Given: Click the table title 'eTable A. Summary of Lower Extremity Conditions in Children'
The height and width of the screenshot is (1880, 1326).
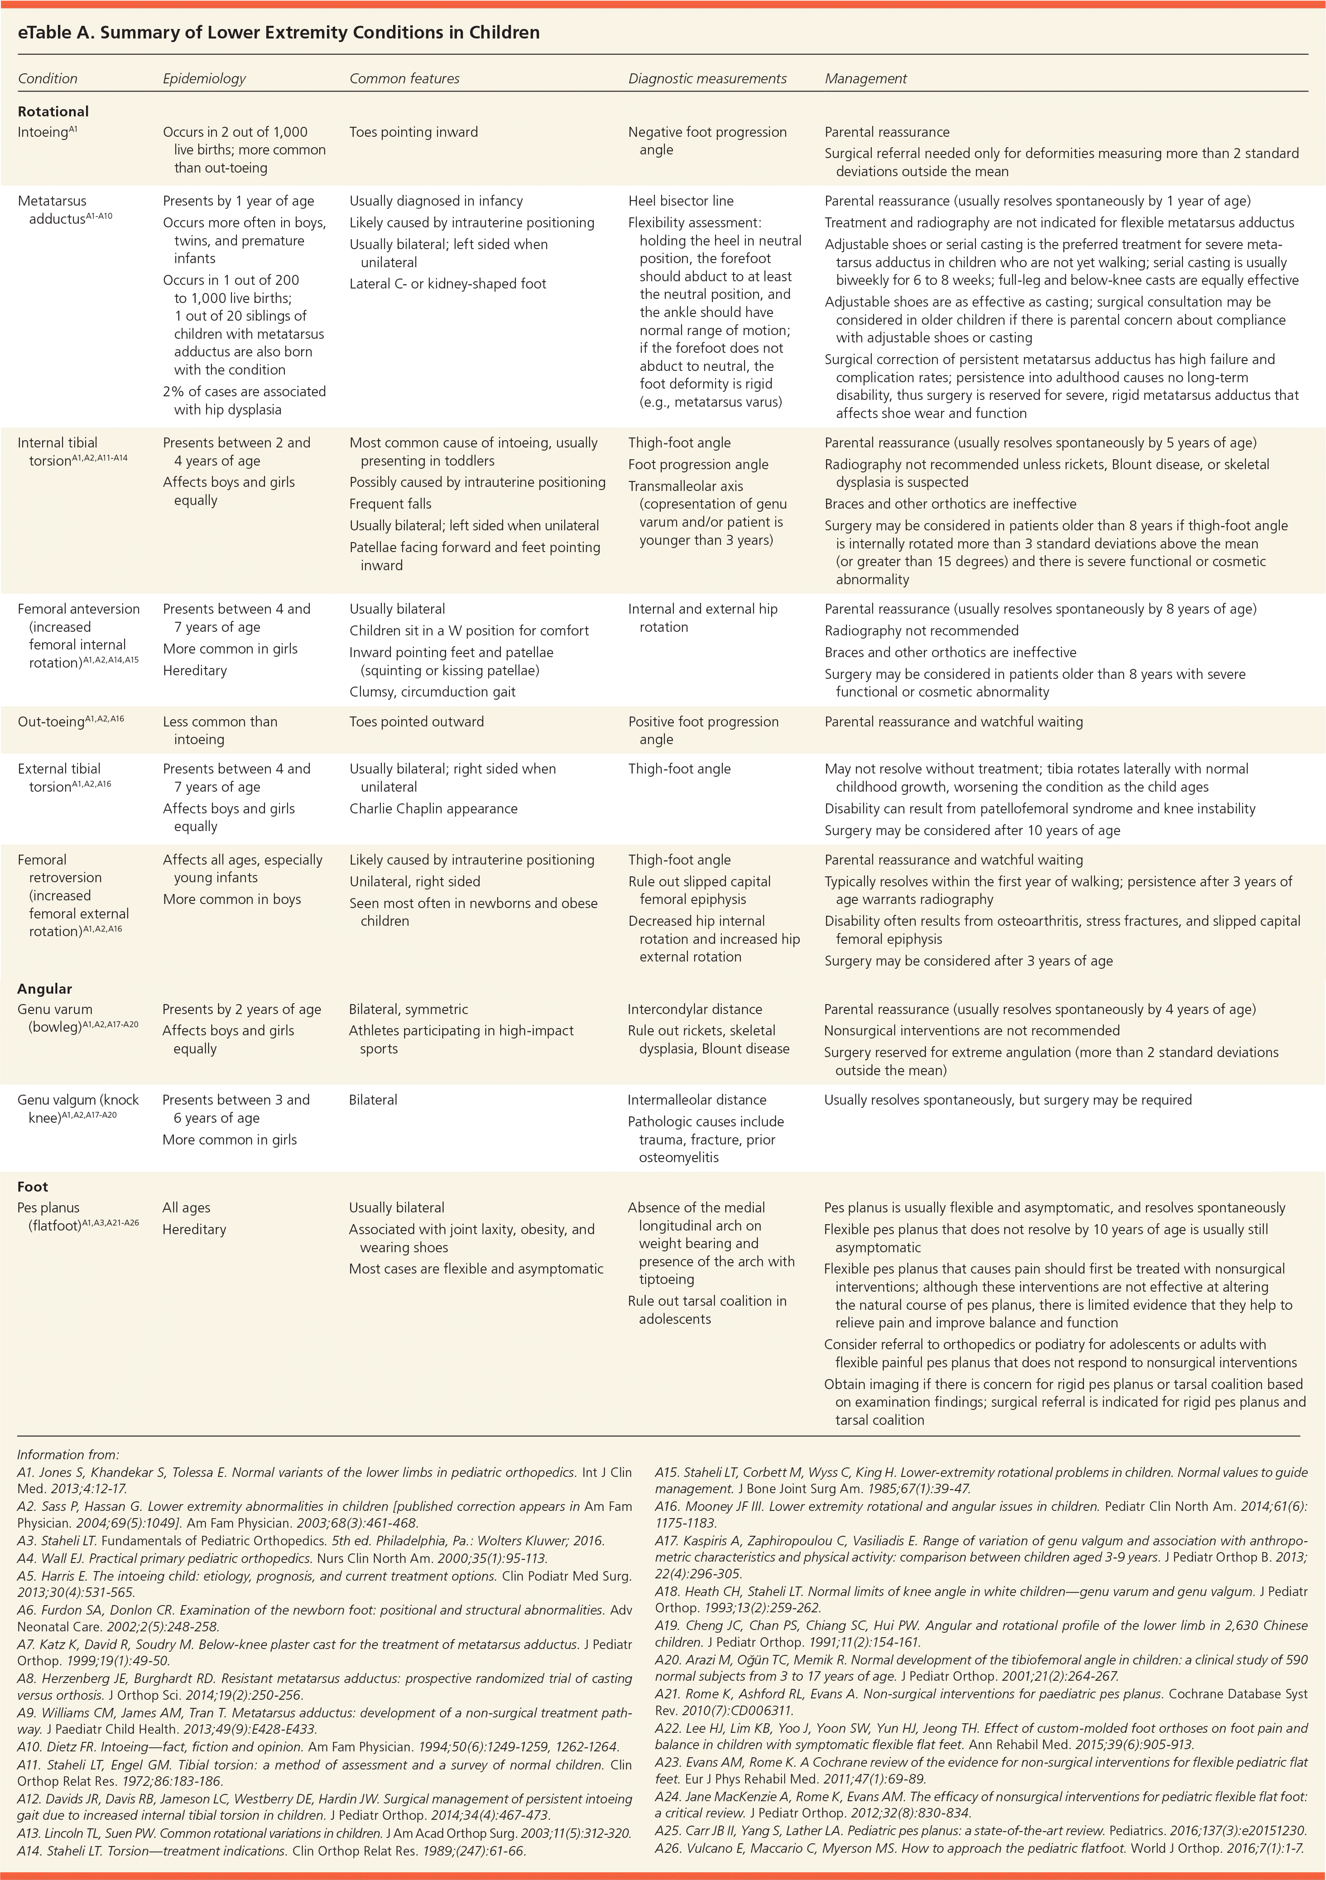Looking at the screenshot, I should (279, 33).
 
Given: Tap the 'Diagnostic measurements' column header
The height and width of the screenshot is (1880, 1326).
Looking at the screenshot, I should (707, 79).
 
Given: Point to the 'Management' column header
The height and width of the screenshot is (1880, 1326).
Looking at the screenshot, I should (865, 79).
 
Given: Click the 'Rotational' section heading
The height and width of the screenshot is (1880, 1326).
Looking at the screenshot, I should (53, 111).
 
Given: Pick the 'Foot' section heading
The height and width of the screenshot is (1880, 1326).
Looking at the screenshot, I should (33, 1187).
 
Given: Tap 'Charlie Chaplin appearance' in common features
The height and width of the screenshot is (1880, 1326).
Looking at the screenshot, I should (433, 808).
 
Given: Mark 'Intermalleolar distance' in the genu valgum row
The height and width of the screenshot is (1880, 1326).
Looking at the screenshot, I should (697, 1100).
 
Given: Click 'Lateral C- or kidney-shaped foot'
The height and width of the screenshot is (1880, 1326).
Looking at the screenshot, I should (448, 284).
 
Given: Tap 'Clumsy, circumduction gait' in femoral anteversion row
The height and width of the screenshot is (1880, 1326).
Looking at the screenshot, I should (432, 692).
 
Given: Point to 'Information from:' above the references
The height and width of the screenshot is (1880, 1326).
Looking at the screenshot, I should (68, 1455).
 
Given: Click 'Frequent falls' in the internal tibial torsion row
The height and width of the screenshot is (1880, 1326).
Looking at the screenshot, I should (390, 504).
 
